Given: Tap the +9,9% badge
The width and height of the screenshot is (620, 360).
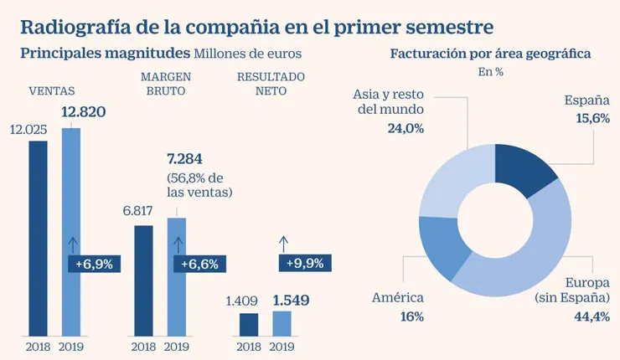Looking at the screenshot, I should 305,263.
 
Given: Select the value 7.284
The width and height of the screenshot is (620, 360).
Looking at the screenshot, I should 185,158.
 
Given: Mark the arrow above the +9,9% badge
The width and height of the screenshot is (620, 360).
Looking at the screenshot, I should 282,244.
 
